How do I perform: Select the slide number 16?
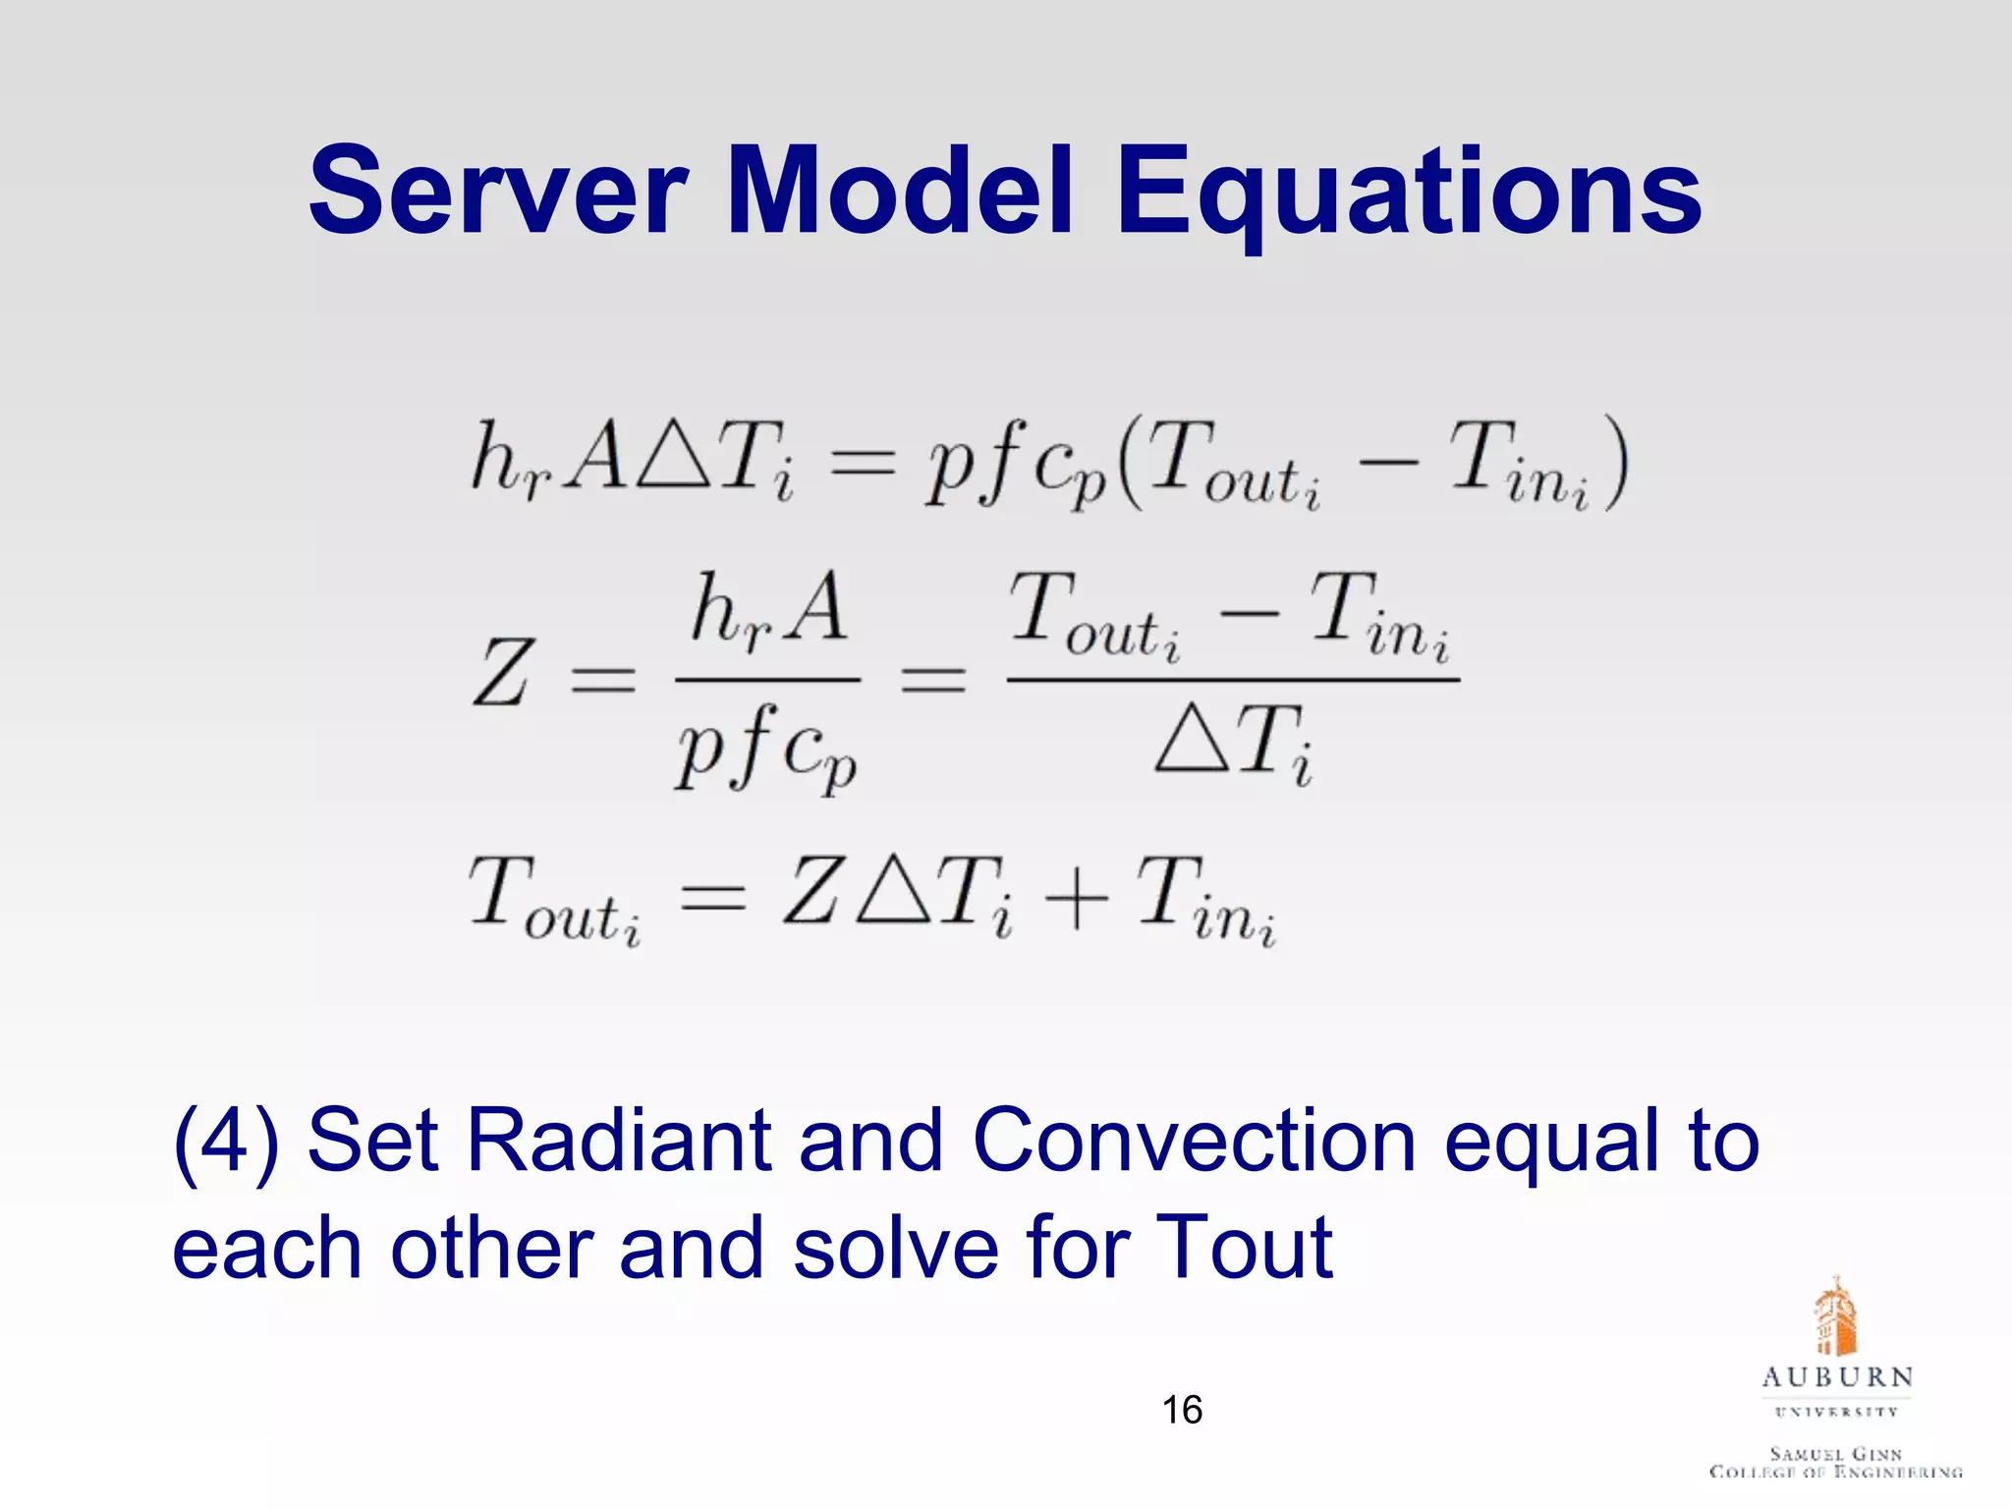1182,1411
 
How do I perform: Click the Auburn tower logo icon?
1835,1317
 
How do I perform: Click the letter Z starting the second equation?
503,674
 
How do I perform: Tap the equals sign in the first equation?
862,462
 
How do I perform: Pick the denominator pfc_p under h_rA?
766,749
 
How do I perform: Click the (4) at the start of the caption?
226,1143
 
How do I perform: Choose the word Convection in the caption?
1193,1141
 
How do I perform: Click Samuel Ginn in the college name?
1835,1453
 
